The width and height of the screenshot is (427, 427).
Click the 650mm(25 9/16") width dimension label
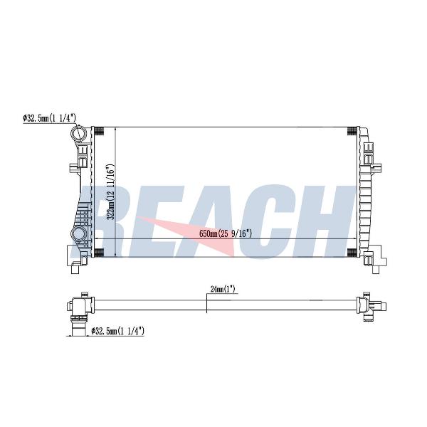(226, 233)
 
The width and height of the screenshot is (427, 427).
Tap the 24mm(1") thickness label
(223, 289)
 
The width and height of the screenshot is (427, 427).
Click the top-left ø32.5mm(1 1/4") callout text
(49, 118)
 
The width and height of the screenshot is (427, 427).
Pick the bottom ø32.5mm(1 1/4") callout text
(118, 331)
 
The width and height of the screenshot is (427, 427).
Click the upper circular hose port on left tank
(78, 134)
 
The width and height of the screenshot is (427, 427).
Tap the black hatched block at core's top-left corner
(99, 131)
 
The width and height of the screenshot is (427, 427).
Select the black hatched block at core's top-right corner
(352, 131)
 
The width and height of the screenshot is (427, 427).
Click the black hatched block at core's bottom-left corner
(99, 253)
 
